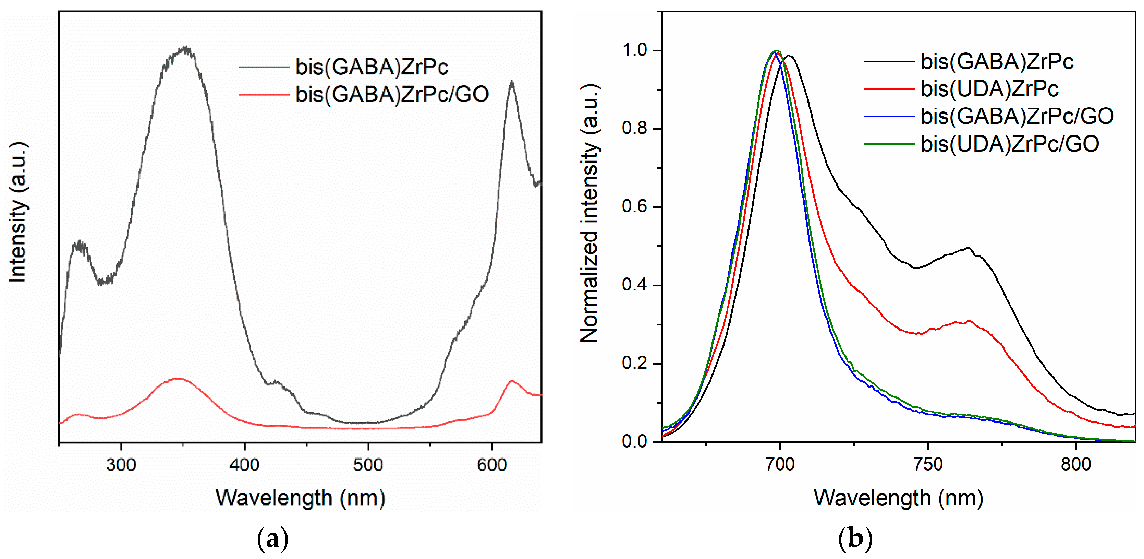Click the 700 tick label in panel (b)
(780, 464)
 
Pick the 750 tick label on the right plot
(928, 464)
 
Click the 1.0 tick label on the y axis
(635, 50)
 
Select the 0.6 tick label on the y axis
(635, 207)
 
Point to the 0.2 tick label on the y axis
(635, 363)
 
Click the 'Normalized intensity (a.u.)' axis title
(590, 213)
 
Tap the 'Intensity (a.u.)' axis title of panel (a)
(18, 212)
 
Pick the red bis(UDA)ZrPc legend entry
(961, 89)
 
